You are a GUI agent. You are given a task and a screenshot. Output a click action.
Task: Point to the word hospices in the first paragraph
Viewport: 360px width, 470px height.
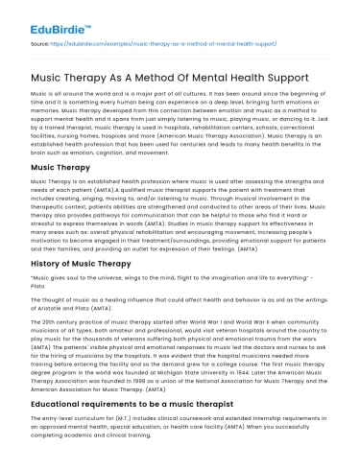108,136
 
